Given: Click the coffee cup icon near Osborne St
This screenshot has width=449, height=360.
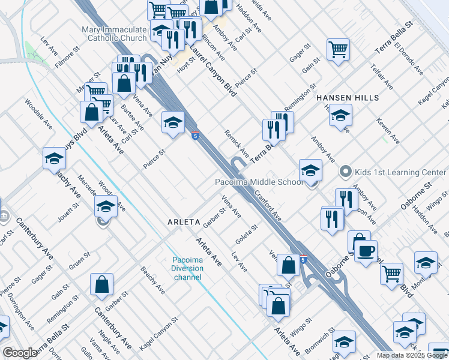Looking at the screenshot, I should click(366, 250).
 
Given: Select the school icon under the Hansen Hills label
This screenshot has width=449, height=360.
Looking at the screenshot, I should click(340, 115).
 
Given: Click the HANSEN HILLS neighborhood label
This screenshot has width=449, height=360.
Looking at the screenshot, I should click(348, 97).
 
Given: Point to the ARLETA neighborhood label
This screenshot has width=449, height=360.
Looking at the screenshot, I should click(183, 222).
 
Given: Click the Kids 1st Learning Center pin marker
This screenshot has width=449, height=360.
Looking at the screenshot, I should click(345, 172).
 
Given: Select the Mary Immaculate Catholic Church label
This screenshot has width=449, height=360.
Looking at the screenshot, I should click(114, 34).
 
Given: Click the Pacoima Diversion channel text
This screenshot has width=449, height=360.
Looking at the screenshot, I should click(187, 268).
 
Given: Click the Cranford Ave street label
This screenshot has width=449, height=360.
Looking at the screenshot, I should click(268, 205).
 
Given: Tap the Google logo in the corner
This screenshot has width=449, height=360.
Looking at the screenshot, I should click(20, 353).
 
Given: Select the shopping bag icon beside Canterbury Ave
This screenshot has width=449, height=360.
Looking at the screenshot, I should click(102, 284).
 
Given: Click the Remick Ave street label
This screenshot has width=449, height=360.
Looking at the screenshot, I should click(237, 140).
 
